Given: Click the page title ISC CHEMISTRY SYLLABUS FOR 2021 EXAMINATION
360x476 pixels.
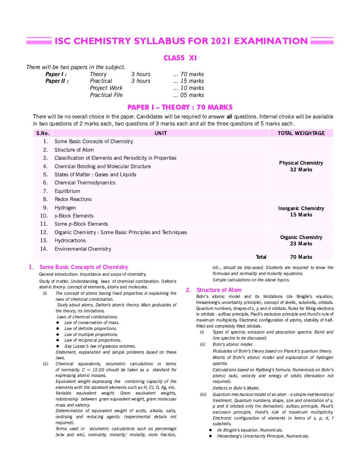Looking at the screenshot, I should [x=181, y=41].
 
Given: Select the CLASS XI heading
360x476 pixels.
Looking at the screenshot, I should [x=180, y=58].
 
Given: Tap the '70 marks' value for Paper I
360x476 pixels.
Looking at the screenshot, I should [x=188, y=74].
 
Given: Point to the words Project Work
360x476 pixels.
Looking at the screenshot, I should [x=106, y=88].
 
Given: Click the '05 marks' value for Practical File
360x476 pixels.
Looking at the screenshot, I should [x=188, y=95].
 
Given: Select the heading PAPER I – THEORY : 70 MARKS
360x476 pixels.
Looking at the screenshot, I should [x=180, y=107].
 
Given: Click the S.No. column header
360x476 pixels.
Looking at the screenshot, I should [x=43, y=133].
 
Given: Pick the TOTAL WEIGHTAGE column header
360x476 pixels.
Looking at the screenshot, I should [x=301, y=133].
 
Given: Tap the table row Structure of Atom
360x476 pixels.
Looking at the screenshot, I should [x=74, y=150].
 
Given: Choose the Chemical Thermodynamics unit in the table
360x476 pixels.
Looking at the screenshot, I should [x=85, y=183].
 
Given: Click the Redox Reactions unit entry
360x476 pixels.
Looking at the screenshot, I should [x=73, y=199].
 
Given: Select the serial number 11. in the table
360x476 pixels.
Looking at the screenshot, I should [x=44, y=224].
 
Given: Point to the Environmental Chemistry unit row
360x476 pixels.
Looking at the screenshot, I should [x=83, y=249].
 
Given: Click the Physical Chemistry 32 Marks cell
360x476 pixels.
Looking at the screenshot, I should [x=301, y=166].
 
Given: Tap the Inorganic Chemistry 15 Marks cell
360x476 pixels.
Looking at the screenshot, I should [x=301, y=212].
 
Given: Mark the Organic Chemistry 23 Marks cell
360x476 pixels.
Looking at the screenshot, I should [x=301, y=240].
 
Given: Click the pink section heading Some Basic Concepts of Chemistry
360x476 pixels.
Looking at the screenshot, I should [x=84, y=267].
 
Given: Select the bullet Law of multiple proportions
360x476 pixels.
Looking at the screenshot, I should [x=91, y=334].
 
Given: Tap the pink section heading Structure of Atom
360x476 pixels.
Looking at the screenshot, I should [x=219, y=290].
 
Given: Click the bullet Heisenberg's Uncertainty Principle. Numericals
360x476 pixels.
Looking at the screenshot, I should [x=263, y=436].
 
